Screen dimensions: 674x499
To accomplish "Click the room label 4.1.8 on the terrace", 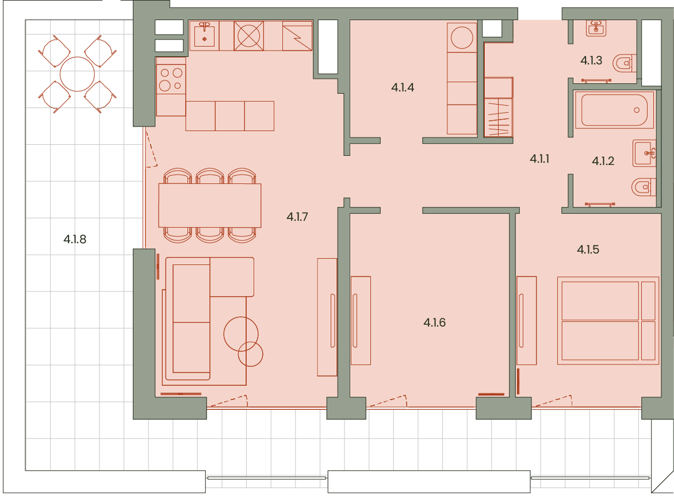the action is pos(75,239).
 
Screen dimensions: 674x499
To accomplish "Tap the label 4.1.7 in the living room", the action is pos(297,217).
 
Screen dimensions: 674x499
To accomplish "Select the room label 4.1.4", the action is pos(403,88).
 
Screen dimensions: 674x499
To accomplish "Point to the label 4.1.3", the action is pos(591,60).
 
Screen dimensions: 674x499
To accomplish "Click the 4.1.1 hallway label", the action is pos(539,159).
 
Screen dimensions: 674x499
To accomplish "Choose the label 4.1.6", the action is pos(435,323).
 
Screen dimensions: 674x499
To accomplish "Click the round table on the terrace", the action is pos(78,74).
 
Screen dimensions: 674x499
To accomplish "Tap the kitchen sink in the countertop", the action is pos(205,36).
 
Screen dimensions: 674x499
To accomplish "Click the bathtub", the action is pos(614,110).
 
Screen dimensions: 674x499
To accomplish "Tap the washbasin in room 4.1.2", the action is pos(644,153).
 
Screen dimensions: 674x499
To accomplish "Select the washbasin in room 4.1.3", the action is pos(596,28).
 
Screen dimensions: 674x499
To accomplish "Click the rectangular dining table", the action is pos(210,205).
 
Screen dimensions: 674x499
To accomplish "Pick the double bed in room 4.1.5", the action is pos(608,321).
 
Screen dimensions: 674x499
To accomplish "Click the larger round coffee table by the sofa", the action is pos(241,334).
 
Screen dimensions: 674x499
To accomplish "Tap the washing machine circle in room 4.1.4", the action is pos(462,37).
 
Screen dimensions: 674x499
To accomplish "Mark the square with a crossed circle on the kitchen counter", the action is pos(249,36).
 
